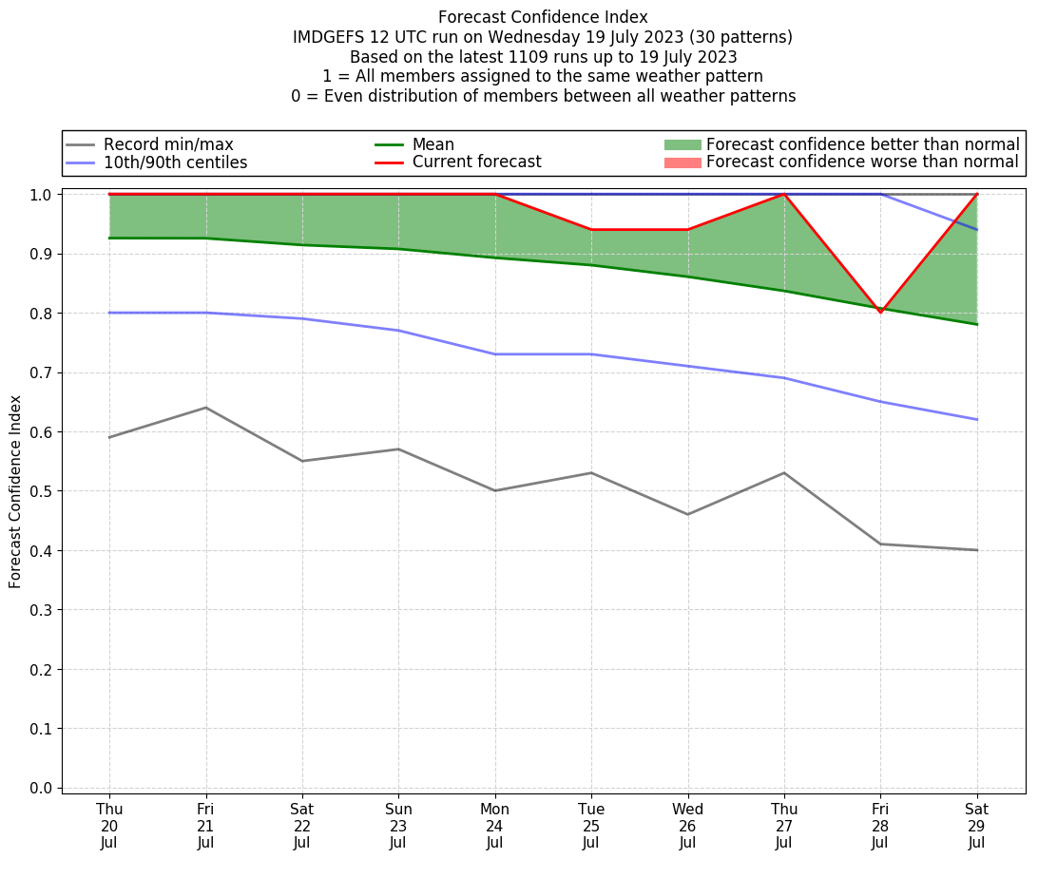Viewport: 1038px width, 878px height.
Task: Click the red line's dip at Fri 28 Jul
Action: [x=880, y=312]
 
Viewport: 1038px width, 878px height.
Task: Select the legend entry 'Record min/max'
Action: [x=168, y=144]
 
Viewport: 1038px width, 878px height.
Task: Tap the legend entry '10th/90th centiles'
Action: [x=175, y=162]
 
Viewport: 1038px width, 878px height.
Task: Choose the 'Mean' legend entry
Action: [x=432, y=144]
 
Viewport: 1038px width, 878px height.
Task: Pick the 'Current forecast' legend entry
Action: [x=476, y=162]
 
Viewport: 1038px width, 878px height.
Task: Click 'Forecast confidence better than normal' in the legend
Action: [x=862, y=144]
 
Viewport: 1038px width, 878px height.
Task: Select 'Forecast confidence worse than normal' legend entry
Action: [x=862, y=162]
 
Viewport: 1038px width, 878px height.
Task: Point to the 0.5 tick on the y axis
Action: [x=41, y=491]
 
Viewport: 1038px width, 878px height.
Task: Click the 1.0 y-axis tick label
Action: [x=41, y=195]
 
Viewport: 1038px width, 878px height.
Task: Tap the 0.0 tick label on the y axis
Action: [x=41, y=788]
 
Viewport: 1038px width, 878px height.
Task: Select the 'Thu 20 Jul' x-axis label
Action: [x=109, y=825]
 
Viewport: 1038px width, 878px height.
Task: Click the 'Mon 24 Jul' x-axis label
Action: [x=494, y=825]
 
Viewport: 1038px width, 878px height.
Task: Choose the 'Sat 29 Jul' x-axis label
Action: [x=976, y=825]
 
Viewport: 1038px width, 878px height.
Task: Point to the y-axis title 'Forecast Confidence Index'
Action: [x=15, y=491]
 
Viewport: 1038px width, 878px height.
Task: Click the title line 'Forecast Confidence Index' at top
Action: [x=543, y=17]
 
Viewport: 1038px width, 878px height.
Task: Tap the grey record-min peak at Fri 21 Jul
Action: [x=205, y=408]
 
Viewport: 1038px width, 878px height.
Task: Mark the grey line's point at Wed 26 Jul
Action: [x=687, y=514]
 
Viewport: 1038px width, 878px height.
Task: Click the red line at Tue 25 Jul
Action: [x=591, y=230]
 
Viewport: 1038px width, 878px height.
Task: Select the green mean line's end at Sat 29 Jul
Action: [x=976, y=324]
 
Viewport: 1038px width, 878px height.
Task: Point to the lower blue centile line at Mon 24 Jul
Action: [x=494, y=354]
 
